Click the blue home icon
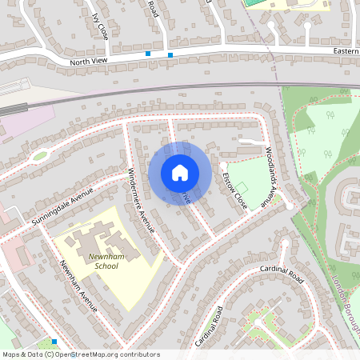tap(180, 173)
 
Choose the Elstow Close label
tap(234, 190)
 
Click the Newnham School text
tap(106, 261)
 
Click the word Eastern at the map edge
tap(346, 50)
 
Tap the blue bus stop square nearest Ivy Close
tap(148, 54)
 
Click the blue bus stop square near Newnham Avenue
tap(54, 342)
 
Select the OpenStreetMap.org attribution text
tap(104, 354)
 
